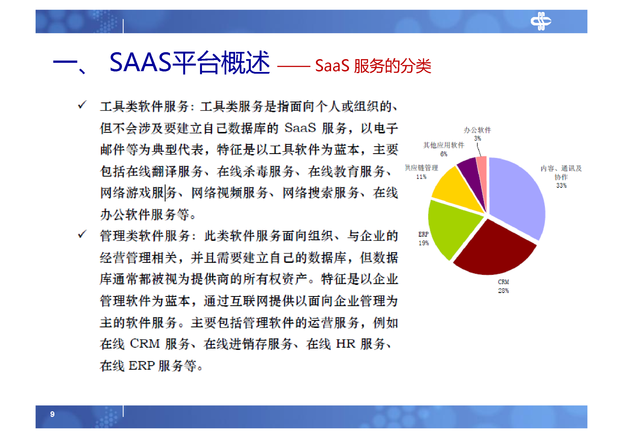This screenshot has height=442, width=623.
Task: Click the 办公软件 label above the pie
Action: tap(477, 130)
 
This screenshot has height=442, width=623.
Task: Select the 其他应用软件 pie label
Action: tap(443, 145)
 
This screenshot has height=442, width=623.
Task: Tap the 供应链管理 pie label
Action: tap(421, 168)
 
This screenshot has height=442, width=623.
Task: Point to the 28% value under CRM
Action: tap(503, 291)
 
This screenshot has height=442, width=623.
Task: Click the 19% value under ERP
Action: tap(423, 243)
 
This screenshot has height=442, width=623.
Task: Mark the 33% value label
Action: tap(561, 186)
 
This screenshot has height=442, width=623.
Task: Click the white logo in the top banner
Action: tap(540, 21)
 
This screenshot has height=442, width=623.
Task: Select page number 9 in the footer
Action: tap(52, 414)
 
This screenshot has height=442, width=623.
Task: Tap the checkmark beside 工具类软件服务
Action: tap(82, 105)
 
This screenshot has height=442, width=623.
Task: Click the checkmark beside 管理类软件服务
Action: tap(82, 235)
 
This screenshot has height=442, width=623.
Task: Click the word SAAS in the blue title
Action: tap(140, 62)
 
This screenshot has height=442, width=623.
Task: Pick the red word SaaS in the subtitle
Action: tap(332, 66)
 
